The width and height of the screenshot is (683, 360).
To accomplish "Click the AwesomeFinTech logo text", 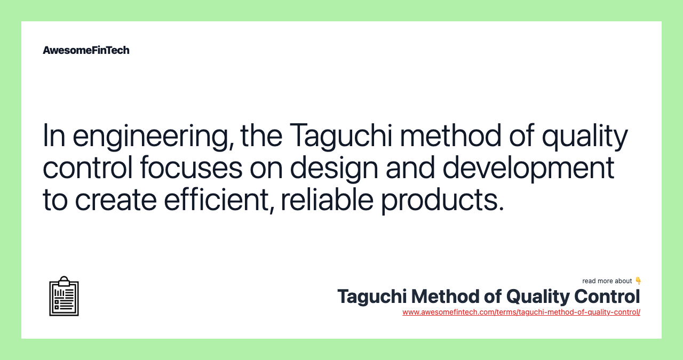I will [x=86, y=50].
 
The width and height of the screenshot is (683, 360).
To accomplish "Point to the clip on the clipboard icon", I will [x=64, y=281].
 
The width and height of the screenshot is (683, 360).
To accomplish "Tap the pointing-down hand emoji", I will [x=638, y=281].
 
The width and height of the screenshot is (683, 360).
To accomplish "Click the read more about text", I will [x=607, y=281].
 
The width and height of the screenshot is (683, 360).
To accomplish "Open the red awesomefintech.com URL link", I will [x=521, y=313].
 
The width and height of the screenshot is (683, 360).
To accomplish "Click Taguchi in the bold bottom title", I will [x=371, y=297].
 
